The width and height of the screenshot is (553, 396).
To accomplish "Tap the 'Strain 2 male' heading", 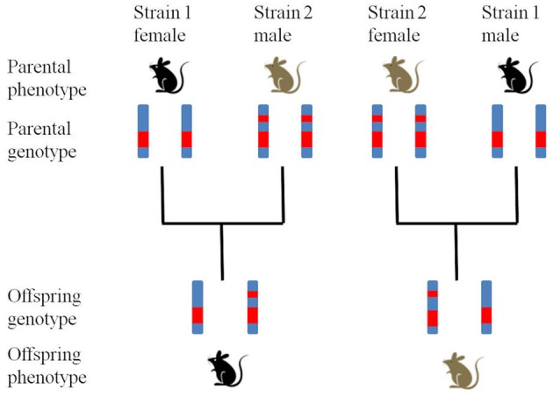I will pos(282,24).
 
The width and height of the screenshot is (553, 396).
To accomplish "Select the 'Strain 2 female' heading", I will pos(397,24).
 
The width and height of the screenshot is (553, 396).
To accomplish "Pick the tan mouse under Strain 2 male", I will pos(282,75).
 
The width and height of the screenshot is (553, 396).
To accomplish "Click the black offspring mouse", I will pos(223,369).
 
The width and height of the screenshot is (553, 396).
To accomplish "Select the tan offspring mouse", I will pos(457,368).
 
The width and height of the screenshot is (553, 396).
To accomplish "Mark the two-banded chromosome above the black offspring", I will pos(252,306).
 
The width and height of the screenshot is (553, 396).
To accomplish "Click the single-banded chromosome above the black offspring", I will pos(197,306).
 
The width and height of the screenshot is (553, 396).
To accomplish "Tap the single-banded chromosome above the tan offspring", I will pos(485,306).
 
